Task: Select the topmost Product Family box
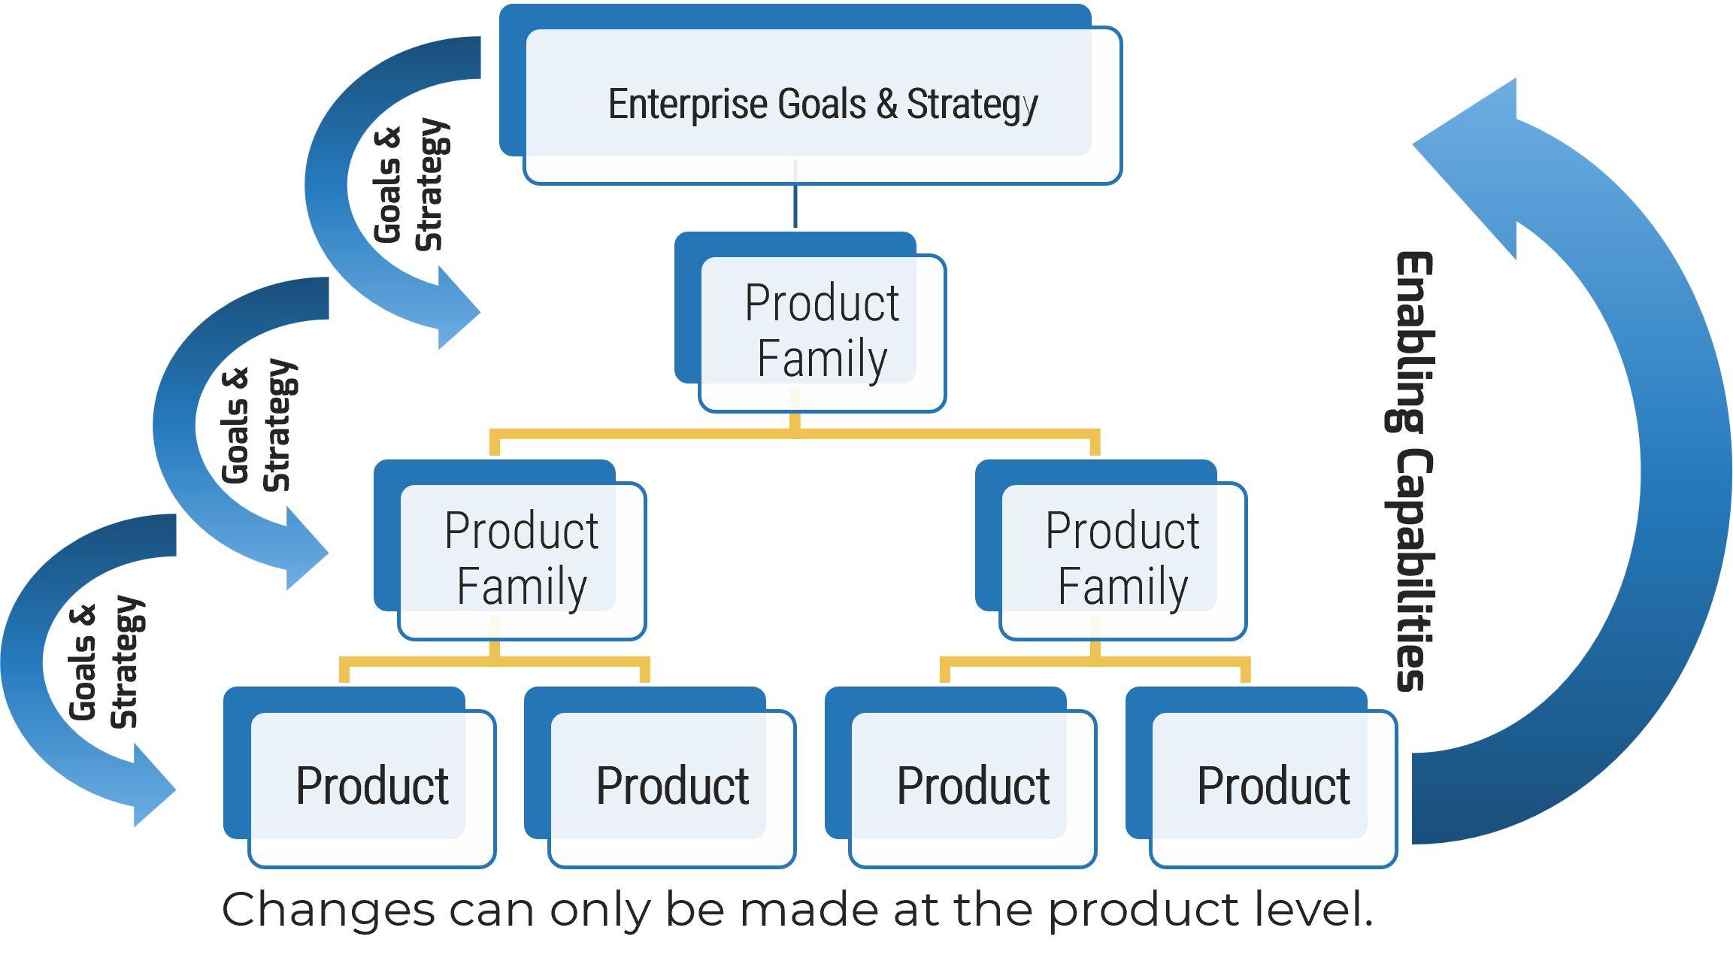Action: (821, 331)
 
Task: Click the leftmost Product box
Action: (371, 786)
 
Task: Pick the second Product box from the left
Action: (672, 786)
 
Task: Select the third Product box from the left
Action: (973, 786)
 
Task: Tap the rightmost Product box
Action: (1274, 786)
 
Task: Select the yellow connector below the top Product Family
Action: (795, 433)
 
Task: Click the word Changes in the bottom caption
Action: (328, 910)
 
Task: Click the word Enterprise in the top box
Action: (687, 104)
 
